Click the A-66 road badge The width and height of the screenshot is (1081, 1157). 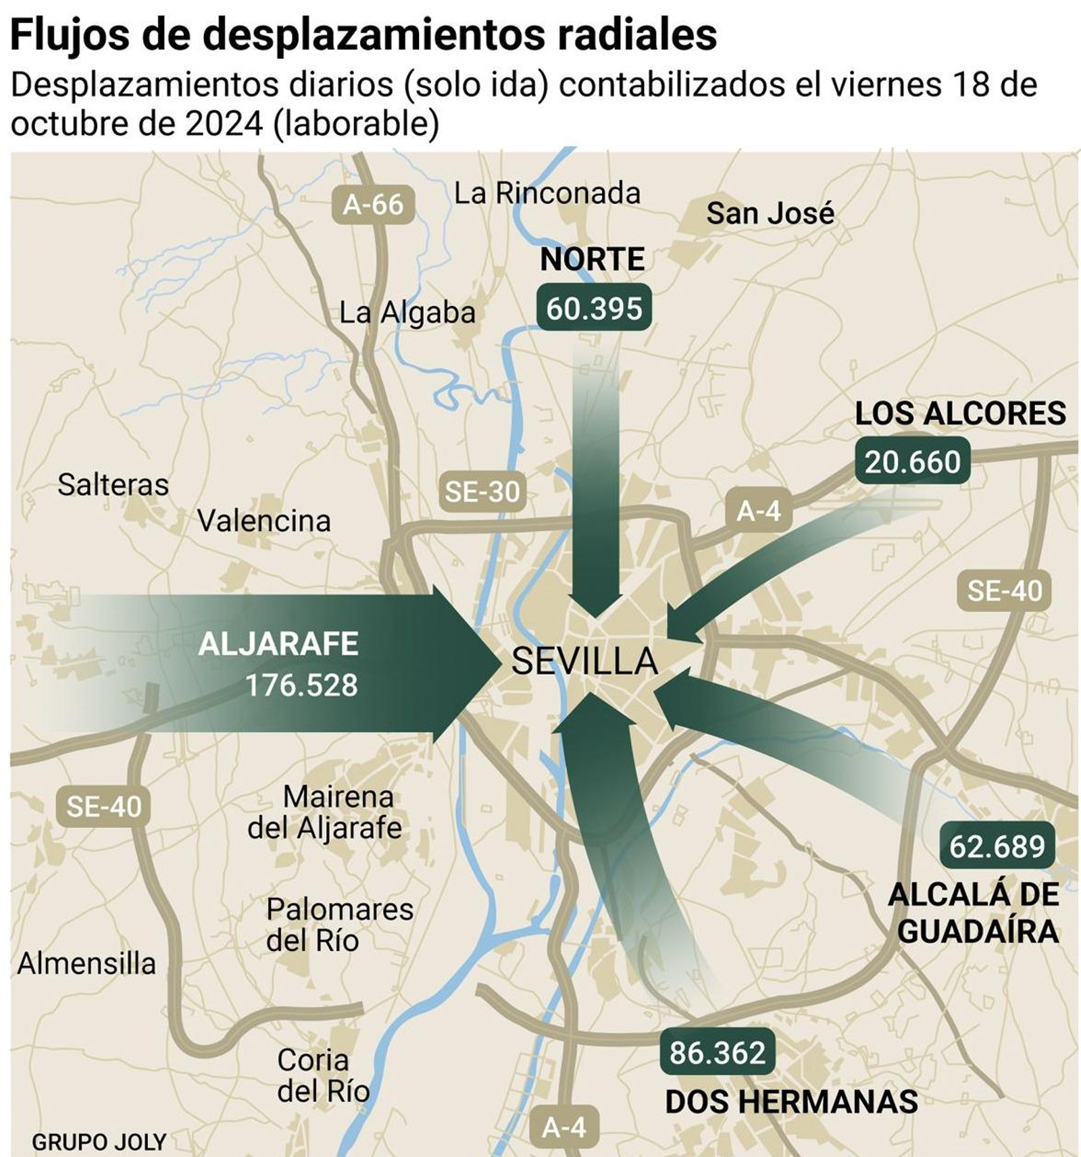[x=373, y=204]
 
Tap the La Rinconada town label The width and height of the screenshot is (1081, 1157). [x=547, y=194]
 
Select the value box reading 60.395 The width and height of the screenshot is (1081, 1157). [x=594, y=309]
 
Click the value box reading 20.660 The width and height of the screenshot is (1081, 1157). [x=912, y=462]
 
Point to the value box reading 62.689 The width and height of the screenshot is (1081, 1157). [x=997, y=846]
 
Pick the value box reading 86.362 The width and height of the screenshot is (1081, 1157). [x=717, y=1053]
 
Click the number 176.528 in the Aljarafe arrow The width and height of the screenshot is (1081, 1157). [x=301, y=686]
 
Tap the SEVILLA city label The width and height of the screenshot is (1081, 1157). [x=584, y=661]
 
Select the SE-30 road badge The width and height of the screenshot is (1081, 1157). [x=482, y=492]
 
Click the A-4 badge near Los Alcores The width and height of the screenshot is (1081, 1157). [x=758, y=511]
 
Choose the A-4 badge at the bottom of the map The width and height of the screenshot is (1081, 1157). [x=564, y=1127]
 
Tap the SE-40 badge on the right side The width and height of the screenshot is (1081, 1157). [x=1004, y=591]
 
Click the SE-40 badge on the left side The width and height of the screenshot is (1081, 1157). [x=104, y=806]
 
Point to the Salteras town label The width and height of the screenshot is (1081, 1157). [x=113, y=485]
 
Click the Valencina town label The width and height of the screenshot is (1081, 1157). [x=264, y=521]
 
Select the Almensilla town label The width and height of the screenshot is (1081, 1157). [x=86, y=964]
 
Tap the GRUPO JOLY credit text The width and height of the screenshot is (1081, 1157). [x=99, y=1142]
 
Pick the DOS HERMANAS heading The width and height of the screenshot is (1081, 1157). [x=791, y=1102]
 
